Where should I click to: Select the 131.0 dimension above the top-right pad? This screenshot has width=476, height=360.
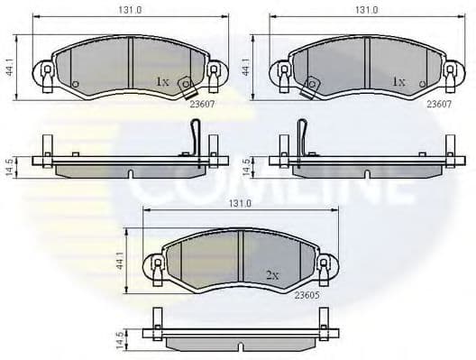click(x=365, y=10)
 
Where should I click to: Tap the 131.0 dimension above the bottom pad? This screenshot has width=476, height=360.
click(x=239, y=204)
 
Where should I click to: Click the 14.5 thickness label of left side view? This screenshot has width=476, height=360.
click(x=9, y=168)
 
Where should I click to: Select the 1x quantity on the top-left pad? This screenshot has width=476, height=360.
click(x=162, y=81)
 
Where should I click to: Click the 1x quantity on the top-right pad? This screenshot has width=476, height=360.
click(x=398, y=81)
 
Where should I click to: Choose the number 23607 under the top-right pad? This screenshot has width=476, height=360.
click(x=439, y=105)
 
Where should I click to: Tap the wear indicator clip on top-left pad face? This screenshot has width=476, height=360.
click(x=187, y=86)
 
